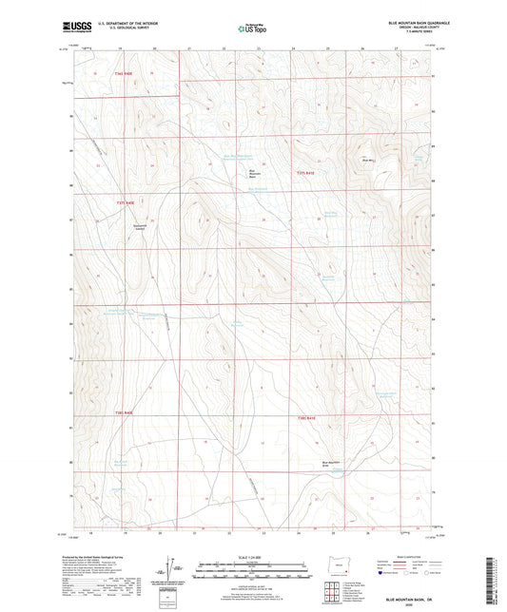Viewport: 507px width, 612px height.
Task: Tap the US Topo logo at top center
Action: pyautogui.click(x=252, y=29)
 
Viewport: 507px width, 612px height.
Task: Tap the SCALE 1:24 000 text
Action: pyautogui.click(x=252, y=556)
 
